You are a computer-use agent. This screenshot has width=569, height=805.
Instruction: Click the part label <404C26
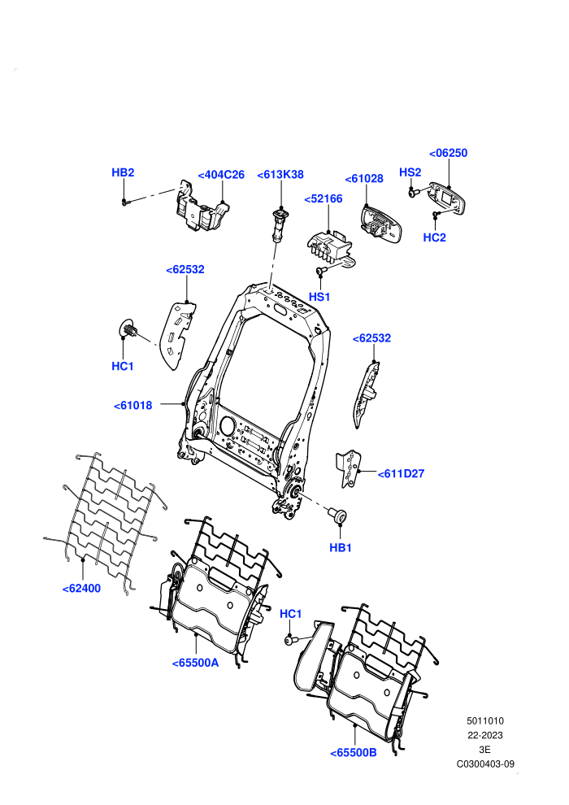(221, 175)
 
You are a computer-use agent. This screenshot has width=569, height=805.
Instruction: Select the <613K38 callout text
(280, 175)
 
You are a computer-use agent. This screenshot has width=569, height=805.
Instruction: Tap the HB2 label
(123, 172)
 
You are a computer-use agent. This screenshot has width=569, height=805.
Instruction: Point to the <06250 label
(448, 153)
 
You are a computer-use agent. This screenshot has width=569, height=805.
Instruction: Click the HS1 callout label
(319, 297)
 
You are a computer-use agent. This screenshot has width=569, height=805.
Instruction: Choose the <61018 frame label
(132, 406)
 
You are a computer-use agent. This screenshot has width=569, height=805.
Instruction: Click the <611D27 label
(401, 474)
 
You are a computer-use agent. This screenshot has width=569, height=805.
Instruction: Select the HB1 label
(340, 548)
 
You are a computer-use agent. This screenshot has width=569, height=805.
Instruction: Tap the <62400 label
(81, 589)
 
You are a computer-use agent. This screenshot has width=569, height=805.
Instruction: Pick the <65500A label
(195, 663)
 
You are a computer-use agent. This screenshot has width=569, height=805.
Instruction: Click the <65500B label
(354, 753)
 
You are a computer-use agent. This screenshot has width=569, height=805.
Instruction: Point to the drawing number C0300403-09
(485, 764)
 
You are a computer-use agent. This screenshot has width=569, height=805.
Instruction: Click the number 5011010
(484, 720)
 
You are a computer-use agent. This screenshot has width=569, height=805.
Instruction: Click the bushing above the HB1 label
(338, 515)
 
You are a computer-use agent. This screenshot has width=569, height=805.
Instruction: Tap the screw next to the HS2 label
(414, 193)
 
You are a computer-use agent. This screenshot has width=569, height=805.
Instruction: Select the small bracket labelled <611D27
(348, 468)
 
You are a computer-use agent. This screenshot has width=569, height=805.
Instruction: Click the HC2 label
(434, 237)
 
